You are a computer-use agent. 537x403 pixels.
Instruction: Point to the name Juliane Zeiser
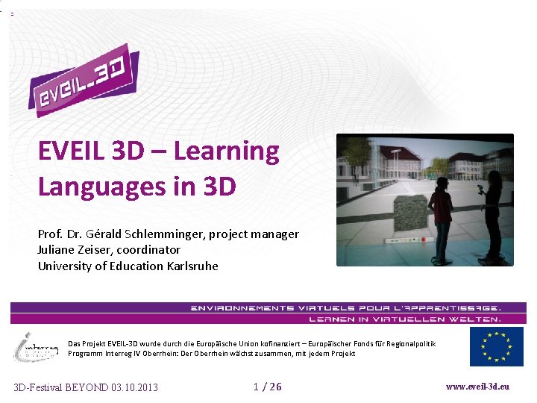(x=70, y=250)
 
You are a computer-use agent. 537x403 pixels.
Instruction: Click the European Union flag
(x=496, y=347)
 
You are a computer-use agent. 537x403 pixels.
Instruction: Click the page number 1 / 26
(x=268, y=386)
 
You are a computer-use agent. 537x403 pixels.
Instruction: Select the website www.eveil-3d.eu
(x=477, y=387)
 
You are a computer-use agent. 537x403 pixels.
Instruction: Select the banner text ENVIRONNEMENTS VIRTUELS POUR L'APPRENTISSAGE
(x=345, y=307)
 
